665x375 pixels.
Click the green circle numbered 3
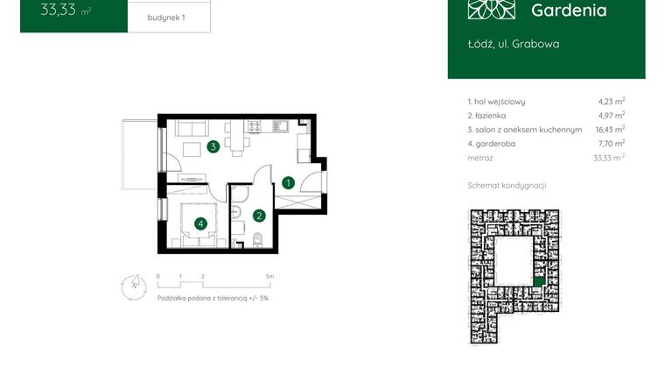pyautogui.click(x=213, y=147)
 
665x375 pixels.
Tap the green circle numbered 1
pyautogui.click(x=288, y=182)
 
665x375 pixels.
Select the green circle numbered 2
pyautogui.click(x=259, y=215)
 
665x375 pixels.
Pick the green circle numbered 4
pyautogui.click(x=201, y=224)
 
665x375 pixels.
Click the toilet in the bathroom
pyautogui.click(x=257, y=239)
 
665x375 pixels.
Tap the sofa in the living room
pyautogui.click(x=192, y=128)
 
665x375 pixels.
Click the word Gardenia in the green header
pyautogui.click(x=568, y=11)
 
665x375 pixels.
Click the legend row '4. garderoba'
pyautogui.click(x=495, y=143)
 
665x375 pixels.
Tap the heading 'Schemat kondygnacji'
pyautogui.click(x=507, y=186)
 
